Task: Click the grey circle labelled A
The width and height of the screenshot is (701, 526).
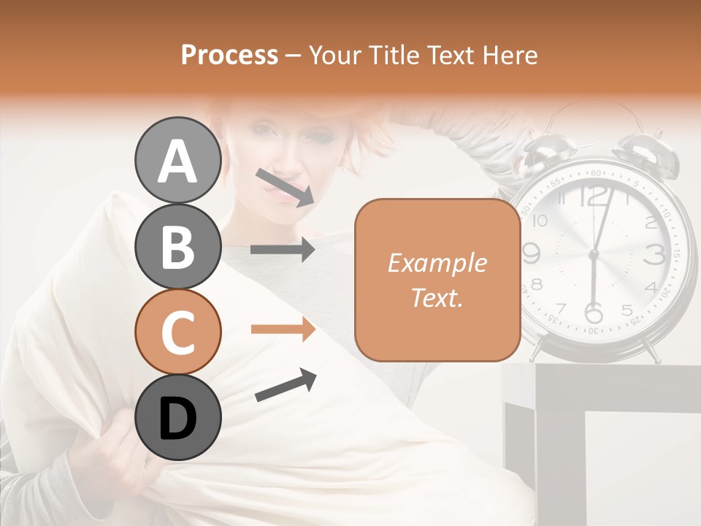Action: pos(178,160)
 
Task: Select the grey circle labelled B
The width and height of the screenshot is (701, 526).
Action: pos(178,246)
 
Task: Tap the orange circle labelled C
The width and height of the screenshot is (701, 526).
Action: pos(178,332)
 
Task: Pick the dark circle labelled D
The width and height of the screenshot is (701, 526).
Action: pos(178,417)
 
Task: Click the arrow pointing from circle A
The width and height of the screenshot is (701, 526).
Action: pos(286,187)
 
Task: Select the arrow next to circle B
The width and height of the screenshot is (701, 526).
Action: pos(283,250)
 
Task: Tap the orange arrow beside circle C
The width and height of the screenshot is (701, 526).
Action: pos(283,329)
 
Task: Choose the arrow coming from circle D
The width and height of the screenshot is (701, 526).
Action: pos(286,386)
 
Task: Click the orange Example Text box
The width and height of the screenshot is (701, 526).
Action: pos(437,281)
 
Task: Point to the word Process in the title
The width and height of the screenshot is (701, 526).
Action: pos(229,56)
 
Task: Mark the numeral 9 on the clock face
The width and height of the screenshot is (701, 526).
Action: pos(532,254)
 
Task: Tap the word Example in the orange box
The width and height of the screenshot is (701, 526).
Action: pos(437,263)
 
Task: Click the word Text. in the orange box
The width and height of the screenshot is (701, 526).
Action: pos(437,298)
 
